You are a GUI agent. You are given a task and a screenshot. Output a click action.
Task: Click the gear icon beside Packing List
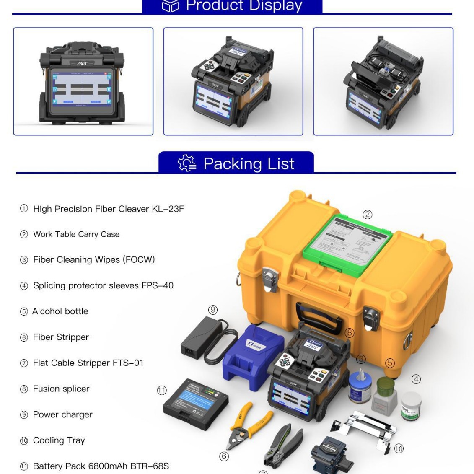coord(186,163)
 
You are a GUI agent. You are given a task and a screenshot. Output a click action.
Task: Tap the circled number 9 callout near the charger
coord(213,310)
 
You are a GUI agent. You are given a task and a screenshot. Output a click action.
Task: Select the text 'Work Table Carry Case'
coord(76,234)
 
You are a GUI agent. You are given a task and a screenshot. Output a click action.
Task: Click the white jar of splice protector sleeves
coord(411,406)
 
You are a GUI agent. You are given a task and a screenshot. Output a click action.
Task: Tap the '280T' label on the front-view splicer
coord(82,64)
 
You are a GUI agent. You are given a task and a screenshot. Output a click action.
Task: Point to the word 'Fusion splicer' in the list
coord(61,389)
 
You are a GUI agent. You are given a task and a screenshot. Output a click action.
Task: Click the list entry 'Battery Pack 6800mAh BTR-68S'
coord(101,466)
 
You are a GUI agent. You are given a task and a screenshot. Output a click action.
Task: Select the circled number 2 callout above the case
coord(367,215)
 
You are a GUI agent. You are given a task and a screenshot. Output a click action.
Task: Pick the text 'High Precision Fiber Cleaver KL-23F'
coord(108,209)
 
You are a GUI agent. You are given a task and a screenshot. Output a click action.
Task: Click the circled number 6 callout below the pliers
coord(224,456)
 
